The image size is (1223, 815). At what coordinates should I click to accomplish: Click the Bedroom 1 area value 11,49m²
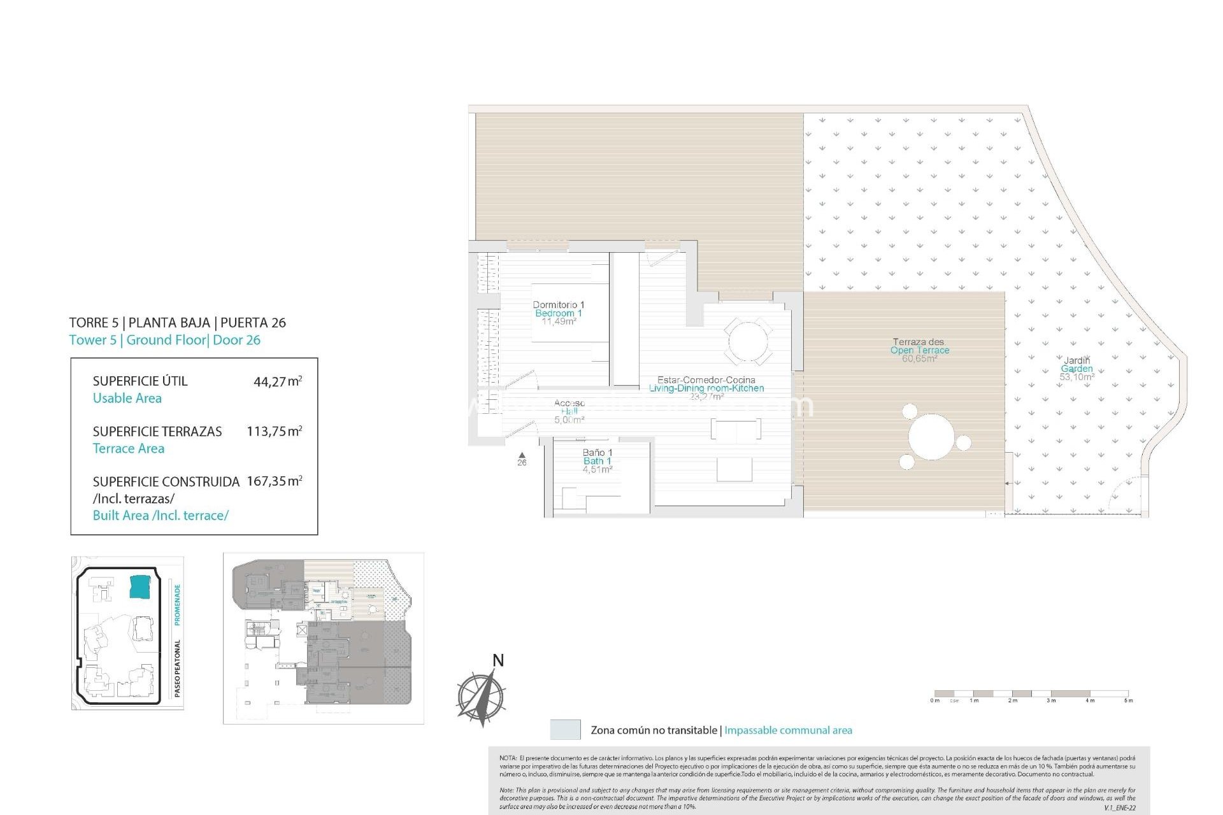559,322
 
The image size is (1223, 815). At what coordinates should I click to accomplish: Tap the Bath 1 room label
597,461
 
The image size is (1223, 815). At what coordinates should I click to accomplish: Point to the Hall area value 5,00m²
569,420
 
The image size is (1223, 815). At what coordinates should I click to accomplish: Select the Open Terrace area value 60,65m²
919,359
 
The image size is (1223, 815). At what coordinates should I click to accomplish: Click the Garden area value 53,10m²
1076,377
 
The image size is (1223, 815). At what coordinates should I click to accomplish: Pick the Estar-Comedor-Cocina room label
706,380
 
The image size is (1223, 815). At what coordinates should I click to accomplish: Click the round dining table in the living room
748,342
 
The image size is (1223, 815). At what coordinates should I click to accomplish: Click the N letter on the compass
498,661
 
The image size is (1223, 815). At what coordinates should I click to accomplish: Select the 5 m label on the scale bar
1128,700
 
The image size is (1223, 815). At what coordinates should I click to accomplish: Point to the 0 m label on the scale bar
934,700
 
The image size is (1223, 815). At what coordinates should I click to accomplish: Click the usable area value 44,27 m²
277,381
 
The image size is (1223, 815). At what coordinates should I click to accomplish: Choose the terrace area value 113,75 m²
274,432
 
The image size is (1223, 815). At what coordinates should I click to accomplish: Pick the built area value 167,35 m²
274,481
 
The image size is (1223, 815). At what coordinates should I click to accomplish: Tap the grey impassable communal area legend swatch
565,730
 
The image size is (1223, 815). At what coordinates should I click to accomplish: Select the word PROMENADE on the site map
178,605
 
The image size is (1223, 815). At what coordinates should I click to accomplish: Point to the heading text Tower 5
93,340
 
